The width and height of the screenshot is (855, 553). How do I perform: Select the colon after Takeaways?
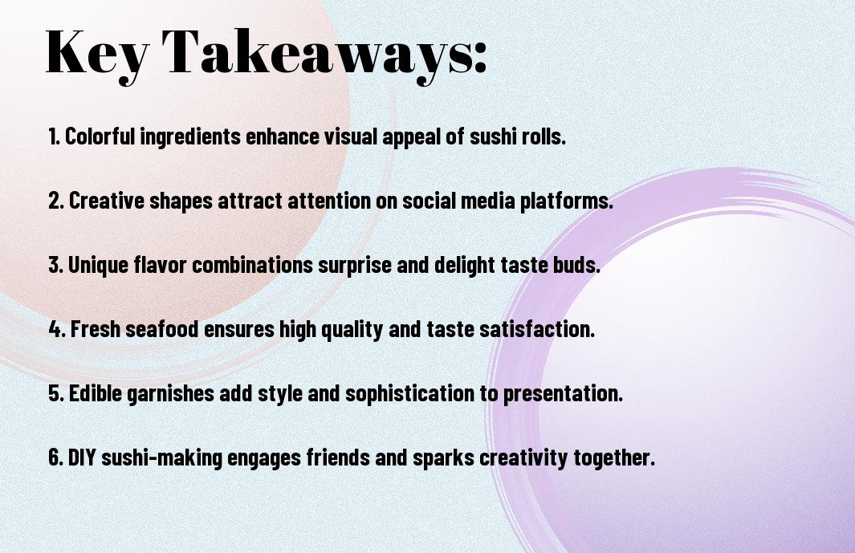[x=479, y=57]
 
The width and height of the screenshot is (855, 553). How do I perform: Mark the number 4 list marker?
[x=57, y=329]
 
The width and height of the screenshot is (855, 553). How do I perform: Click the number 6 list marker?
[x=56, y=457]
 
